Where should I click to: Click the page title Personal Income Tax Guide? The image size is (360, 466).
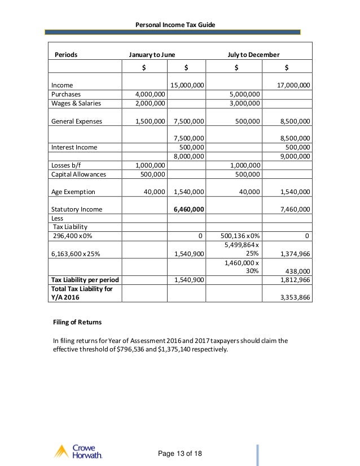(179, 24)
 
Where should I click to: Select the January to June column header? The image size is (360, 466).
(152, 55)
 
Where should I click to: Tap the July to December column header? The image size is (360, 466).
(253, 55)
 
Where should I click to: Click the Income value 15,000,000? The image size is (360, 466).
(187, 85)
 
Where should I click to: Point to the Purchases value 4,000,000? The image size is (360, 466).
(150, 94)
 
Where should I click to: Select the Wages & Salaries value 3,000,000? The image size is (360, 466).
(245, 103)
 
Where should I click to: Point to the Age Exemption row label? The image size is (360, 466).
(73, 192)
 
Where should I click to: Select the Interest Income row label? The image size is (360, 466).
(74, 147)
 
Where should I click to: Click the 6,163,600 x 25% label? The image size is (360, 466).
(76, 254)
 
